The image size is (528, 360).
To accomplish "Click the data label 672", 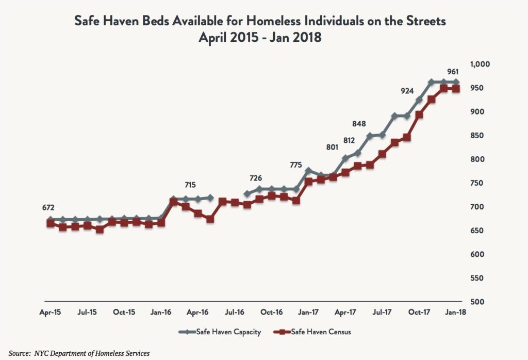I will point(48,207).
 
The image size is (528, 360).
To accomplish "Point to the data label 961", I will point(452,72).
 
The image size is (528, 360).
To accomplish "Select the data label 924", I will point(407,91).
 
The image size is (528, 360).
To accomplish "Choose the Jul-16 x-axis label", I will point(234,312).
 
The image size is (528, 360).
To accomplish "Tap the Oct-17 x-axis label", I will point(419,312).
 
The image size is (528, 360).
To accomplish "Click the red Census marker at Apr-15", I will point(51,224).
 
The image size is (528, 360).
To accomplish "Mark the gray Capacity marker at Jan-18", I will point(456,82).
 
